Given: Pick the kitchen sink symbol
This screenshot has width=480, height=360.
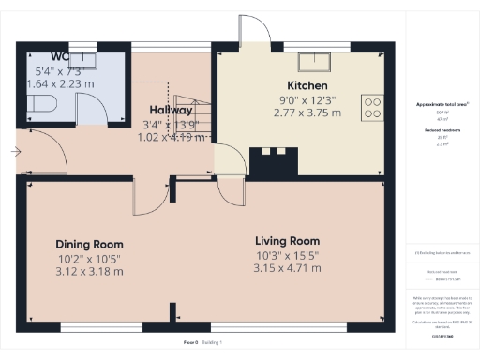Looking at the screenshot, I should [x=310, y=63].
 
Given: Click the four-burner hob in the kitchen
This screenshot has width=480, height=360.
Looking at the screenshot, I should [x=371, y=106].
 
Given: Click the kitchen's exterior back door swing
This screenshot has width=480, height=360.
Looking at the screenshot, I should [x=254, y=32].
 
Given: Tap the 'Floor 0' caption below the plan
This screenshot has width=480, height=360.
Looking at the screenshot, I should [x=191, y=342].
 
